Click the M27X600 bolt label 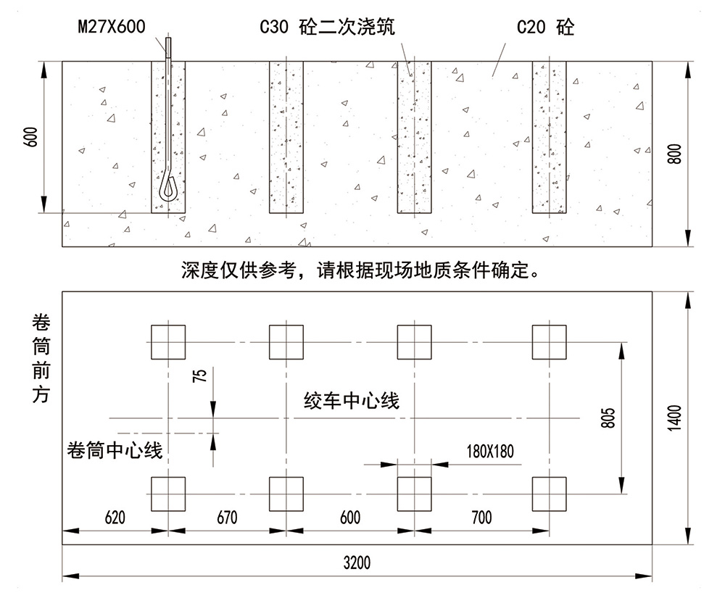point(110,28)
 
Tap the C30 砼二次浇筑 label point(327,28)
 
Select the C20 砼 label point(545,28)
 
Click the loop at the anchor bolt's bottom point(168,188)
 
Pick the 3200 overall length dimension point(357,563)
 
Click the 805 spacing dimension point(609,418)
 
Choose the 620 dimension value point(115,518)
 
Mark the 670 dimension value point(226,518)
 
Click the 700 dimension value point(481,518)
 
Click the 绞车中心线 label point(352,400)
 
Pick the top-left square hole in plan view point(168,341)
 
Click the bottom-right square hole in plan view point(549,494)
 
